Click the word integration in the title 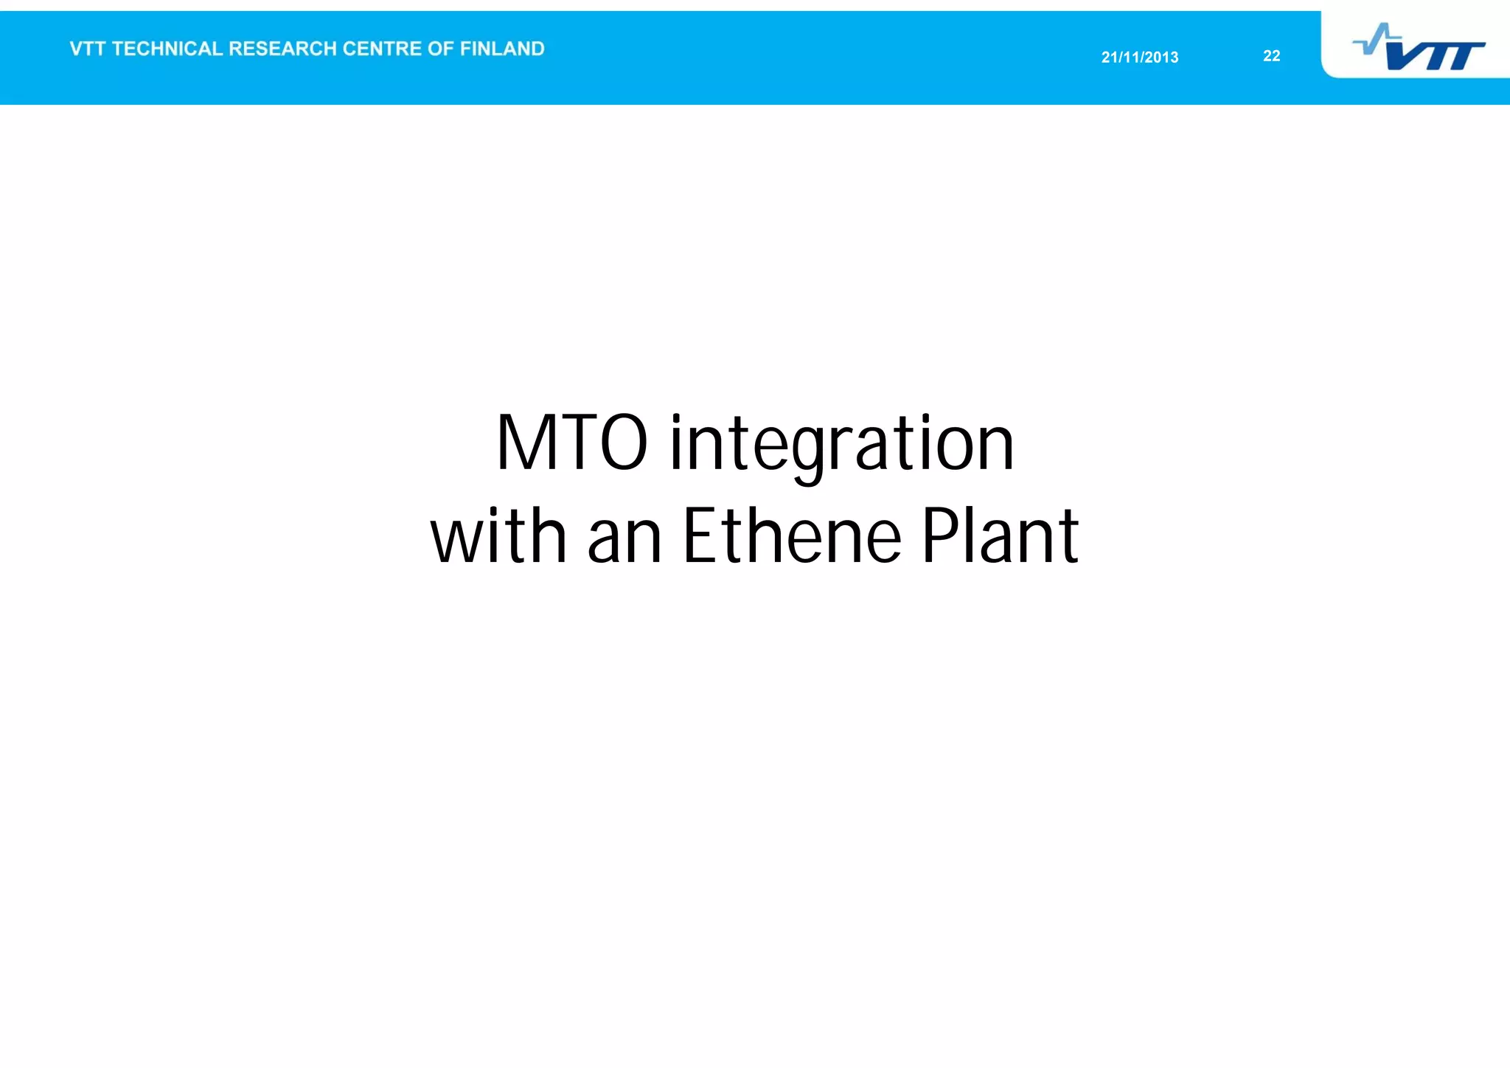841,445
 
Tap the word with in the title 498,536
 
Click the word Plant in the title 1000,536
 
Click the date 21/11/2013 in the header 1139,58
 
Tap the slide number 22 1271,56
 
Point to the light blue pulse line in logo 1376,38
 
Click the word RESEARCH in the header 282,49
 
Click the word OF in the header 440,49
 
